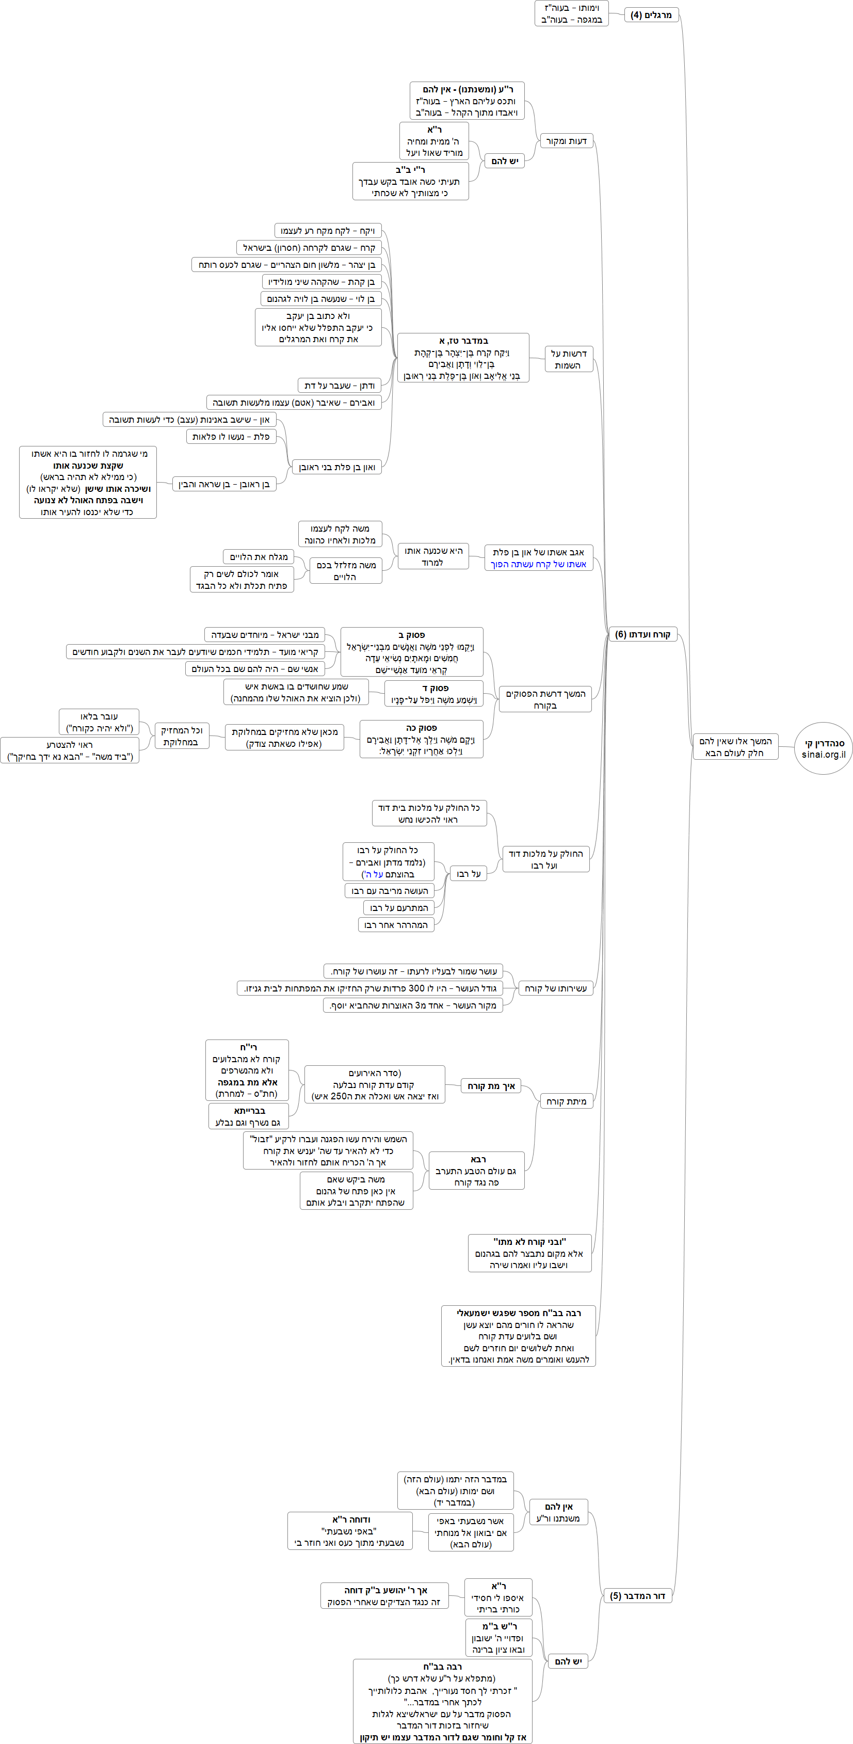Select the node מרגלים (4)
(651, 15)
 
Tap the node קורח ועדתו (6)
(642, 634)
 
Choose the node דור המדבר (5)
(637, 1596)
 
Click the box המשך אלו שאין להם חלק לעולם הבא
(735, 747)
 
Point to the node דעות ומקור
(567, 141)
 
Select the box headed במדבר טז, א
(463, 358)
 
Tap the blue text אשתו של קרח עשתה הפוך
(539, 564)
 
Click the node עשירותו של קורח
(556, 988)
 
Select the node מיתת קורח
(566, 1101)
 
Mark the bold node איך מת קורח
(491, 1086)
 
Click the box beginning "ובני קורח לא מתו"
(529, 1253)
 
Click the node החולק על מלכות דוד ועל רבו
(545, 859)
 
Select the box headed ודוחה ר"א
(350, 1531)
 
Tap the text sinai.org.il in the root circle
(823, 754)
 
